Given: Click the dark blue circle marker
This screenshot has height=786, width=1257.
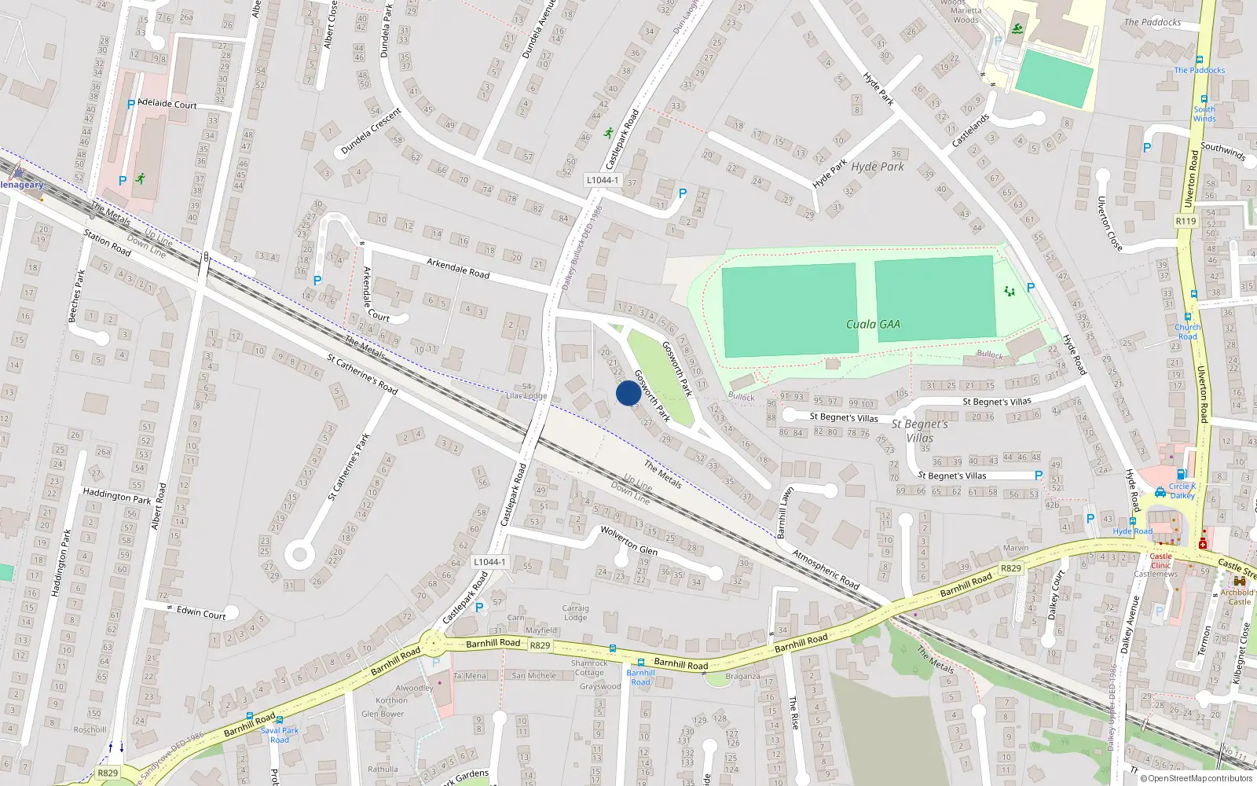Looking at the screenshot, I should (628, 393).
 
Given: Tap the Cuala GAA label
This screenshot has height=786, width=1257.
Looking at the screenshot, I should (873, 325).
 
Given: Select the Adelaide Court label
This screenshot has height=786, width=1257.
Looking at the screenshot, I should (167, 104).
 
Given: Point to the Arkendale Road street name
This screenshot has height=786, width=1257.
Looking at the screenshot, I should (458, 268).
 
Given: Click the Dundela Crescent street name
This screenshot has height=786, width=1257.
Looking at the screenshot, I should (372, 130).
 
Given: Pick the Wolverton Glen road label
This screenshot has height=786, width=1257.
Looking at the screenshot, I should (628, 540).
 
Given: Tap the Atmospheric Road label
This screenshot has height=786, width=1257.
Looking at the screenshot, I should (825, 570).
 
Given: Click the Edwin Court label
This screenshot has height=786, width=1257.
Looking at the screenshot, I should (201, 612).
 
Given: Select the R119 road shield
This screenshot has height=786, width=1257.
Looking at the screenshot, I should (1186, 222).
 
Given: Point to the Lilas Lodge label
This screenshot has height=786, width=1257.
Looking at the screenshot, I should (526, 395).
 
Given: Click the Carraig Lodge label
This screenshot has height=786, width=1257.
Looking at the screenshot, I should (575, 612).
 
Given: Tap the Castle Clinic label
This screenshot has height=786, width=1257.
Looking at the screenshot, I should (1160, 560).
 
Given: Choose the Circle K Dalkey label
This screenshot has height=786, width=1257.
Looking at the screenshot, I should (1182, 490).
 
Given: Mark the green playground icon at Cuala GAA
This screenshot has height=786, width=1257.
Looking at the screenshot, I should (1010, 292).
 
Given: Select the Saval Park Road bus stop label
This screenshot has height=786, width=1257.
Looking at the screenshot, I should (280, 735).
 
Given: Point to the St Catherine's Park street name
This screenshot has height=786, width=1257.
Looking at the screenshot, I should (349, 467).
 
